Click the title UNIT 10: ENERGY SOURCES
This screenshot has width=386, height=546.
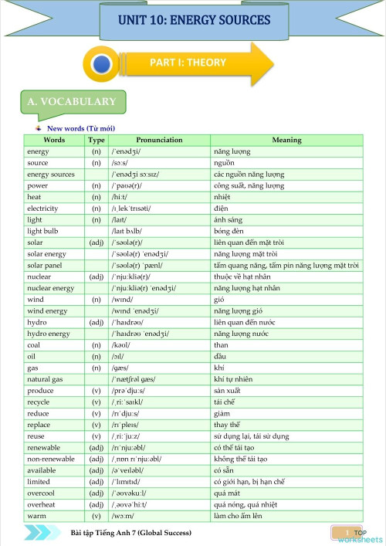click(x=195, y=19)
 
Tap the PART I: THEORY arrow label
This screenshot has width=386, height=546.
click(x=188, y=63)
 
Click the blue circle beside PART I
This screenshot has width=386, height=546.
click(x=103, y=64)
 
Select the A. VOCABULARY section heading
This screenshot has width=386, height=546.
click(x=71, y=102)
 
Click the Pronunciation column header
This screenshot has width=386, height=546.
click(x=159, y=141)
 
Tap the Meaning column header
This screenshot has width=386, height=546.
click(x=286, y=141)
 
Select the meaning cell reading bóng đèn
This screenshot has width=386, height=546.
click(x=229, y=231)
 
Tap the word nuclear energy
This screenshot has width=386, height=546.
click(x=50, y=288)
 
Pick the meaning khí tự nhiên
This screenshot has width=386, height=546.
click(x=234, y=379)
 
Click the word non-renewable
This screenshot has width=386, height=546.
click(x=51, y=459)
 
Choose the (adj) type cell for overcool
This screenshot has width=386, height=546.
click(x=96, y=493)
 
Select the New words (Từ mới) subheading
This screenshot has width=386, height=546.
click(x=81, y=128)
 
